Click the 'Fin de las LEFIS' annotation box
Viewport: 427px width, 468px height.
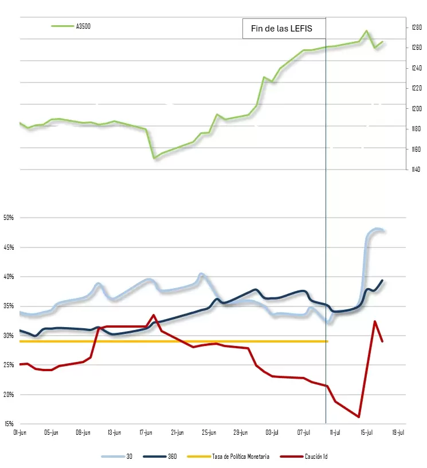click(x=284, y=29)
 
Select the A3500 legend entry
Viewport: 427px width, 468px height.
click(x=71, y=26)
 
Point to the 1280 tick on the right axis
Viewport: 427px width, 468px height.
click(x=417, y=27)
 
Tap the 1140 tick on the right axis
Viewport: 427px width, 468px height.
click(x=416, y=170)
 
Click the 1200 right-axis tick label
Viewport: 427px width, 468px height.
click(x=417, y=109)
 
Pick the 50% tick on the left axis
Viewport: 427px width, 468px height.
click(x=9, y=218)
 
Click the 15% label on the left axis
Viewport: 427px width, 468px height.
click(x=9, y=424)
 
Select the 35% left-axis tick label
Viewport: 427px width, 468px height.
click(x=9, y=306)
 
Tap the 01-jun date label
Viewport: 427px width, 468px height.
click(x=20, y=432)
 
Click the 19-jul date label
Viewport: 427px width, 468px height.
click(x=398, y=432)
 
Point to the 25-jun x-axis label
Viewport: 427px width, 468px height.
click(x=209, y=432)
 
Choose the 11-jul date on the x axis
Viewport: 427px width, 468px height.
click(x=335, y=432)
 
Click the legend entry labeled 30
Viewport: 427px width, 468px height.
click(x=117, y=457)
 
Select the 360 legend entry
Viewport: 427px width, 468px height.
click(x=160, y=457)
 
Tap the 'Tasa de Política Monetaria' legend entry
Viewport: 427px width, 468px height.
click(x=228, y=457)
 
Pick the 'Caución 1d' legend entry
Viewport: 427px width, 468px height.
click(x=304, y=457)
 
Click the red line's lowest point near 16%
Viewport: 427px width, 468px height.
click(x=359, y=417)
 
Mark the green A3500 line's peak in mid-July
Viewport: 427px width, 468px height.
click(x=367, y=31)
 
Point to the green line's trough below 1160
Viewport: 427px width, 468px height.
click(x=154, y=158)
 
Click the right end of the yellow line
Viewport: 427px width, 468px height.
click(x=328, y=341)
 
